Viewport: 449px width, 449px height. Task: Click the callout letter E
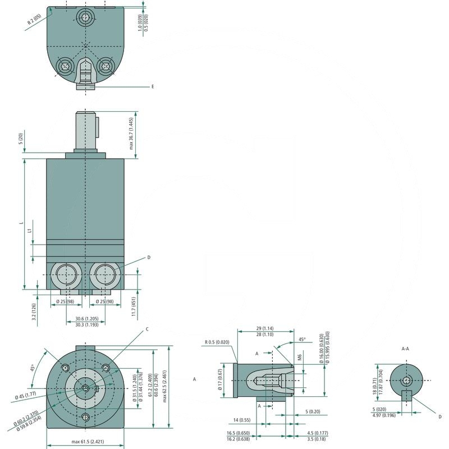(x=152, y=87)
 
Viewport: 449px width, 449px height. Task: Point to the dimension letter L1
(x=29, y=231)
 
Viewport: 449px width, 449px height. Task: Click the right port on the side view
(x=105, y=276)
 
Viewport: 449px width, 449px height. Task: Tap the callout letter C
(x=146, y=329)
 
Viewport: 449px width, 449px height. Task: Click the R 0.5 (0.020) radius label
(x=217, y=342)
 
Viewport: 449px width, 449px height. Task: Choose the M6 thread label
(x=300, y=357)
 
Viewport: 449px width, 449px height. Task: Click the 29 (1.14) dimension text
(x=264, y=328)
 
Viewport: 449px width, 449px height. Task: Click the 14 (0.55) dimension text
(x=241, y=420)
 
